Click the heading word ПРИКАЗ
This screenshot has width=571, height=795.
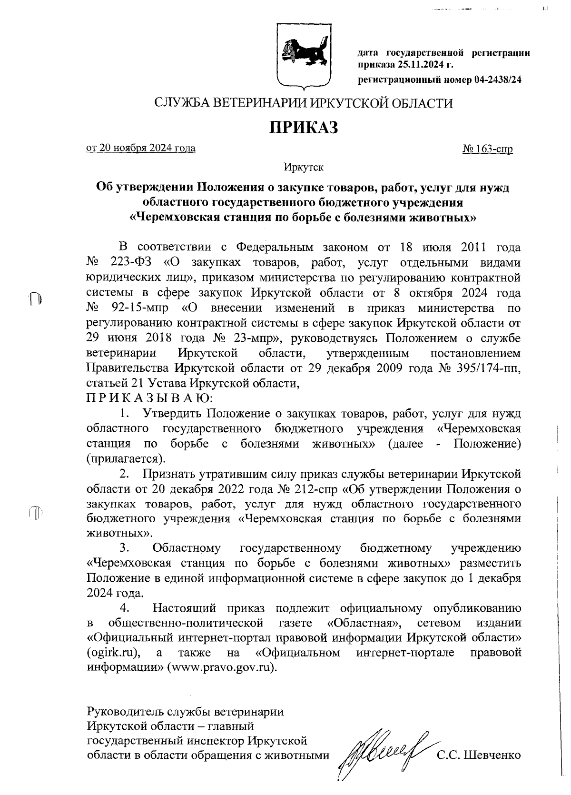[x=304, y=127]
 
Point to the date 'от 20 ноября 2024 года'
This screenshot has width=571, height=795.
[x=141, y=148]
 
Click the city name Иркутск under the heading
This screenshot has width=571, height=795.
[x=304, y=167]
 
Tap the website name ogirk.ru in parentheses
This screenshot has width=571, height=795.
[x=112, y=652]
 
